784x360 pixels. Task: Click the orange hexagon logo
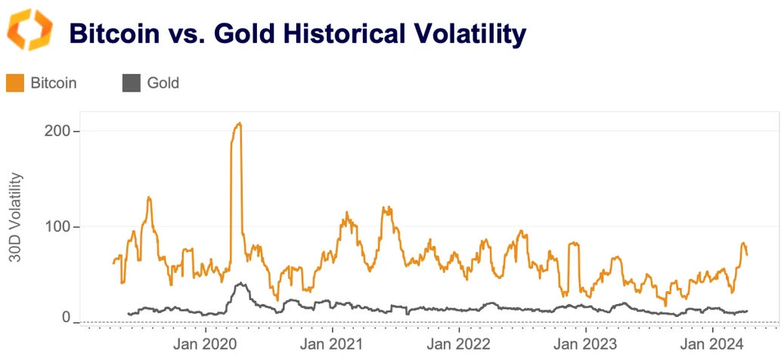[x=30, y=30]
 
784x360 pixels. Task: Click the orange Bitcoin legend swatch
[x=15, y=83]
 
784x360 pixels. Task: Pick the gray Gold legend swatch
[x=131, y=83]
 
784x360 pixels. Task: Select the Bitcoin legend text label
[x=54, y=83]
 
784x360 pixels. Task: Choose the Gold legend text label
[x=163, y=83]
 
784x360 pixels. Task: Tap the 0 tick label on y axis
[x=66, y=318]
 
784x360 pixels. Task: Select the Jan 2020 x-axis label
[x=206, y=343]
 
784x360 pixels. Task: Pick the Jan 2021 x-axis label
[x=333, y=343]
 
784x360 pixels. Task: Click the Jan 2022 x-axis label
[x=460, y=343]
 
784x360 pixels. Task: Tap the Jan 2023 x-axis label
[x=587, y=343]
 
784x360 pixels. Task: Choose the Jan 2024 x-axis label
[x=714, y=343]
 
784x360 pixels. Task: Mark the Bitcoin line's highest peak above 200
[x=239, y=123]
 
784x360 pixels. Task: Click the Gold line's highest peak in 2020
[x=240, y=284]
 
